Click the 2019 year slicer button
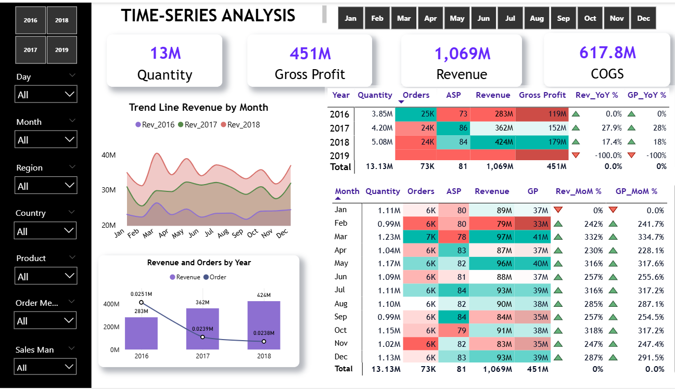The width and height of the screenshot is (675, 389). tap(61, 50)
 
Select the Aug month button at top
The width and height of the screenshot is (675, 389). tap(537, 18)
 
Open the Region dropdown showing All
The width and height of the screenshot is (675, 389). tap(46, 186)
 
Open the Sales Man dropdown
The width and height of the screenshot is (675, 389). tap(46, 367)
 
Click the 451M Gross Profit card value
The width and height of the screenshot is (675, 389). tap(310, 53)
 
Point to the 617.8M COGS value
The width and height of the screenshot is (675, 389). tap(607, 52)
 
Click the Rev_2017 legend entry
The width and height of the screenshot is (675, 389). tap(198, 125)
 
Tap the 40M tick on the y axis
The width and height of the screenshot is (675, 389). tap(108, 155)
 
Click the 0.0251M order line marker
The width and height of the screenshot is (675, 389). tap(141, 302)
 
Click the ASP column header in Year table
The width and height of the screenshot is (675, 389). tap(453, 95)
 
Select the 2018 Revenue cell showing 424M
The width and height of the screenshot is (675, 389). tap(492, 142)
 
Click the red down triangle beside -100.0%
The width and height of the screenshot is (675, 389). tap(575, 155)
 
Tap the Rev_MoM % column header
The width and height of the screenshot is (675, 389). tap(578, 191)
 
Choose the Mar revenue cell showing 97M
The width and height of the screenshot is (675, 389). tap(491, 237)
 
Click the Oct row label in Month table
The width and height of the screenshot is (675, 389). tap(340, 330)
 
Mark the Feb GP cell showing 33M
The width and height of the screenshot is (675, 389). tap(533, 224)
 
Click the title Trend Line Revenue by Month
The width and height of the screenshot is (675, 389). tap(198, 108)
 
